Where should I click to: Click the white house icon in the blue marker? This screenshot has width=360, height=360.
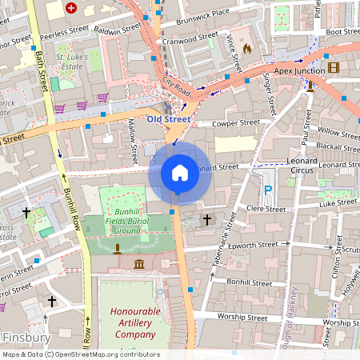(x=180, y=172)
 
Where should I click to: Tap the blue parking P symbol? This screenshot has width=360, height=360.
(x=268, y=190)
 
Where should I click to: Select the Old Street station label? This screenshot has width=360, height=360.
(x=169, y=119)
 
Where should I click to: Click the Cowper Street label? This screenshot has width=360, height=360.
(x=237, y=123)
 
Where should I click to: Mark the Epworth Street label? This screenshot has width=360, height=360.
(x=258, y=246)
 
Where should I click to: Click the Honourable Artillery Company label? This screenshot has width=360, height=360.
(x=134, y=321)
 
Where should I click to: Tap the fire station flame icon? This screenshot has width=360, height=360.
(x=246, y=49)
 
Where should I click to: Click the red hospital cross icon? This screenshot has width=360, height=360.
(x=71, y=8)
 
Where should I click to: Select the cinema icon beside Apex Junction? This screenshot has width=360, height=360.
(x=333, y=68)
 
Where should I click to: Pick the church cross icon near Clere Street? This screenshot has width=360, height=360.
(x=207, y=218)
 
